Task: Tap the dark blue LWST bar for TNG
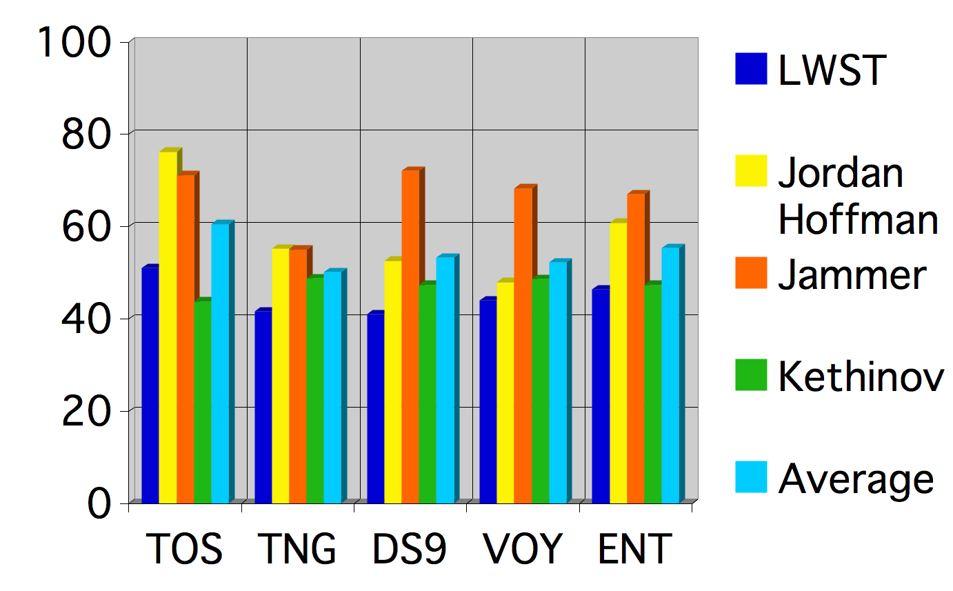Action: [x=263, y=407]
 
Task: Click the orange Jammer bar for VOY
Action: [x=523, y=345]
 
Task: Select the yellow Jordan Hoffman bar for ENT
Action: [x=618, y=362]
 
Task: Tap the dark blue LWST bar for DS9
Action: [x=375, y=408]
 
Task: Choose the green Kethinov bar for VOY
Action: [x=540, y=390]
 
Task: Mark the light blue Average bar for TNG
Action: [x=332, y=387]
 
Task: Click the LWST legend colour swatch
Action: [x=751, y=69]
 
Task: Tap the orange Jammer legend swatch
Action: [x=751, y=273]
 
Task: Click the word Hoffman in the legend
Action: [x=858, y=220]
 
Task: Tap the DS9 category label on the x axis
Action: [x=410, y=550]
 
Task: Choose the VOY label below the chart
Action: [x=523, y=550]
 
